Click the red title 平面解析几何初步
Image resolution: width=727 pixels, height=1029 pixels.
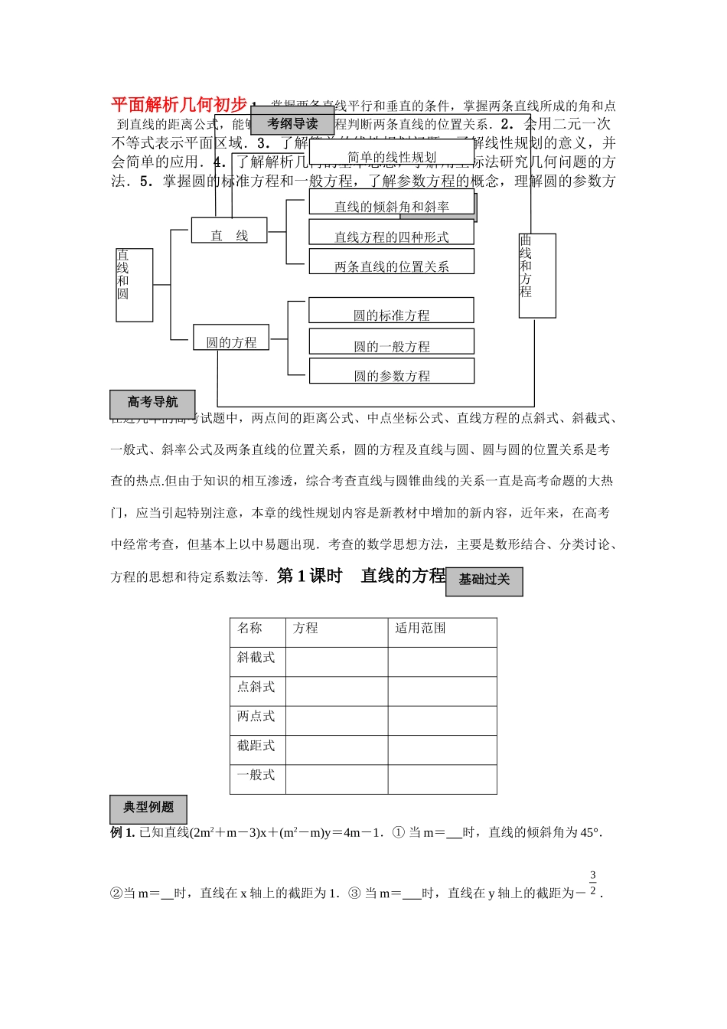point(179,105)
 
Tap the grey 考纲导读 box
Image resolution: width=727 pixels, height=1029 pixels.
point(292,123)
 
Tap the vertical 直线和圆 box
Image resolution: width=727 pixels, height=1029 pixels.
point(134,285)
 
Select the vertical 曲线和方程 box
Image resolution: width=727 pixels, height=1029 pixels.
point(537,276)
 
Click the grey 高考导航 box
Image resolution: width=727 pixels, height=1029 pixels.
point(152,403)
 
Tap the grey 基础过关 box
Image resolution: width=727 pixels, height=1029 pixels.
point(484,580)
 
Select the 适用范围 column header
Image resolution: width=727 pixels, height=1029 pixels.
point(420,629)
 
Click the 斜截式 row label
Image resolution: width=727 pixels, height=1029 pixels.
point(256,658)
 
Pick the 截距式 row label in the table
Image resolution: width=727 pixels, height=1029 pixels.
point(256,746)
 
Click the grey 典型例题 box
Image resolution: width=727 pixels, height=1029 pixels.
point(148,808)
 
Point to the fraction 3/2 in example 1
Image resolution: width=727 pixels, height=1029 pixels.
point(592,883)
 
